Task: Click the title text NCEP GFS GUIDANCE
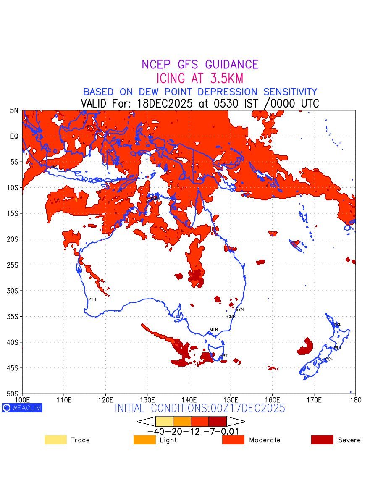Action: click(200, 65)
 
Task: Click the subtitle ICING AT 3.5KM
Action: click(200, 79)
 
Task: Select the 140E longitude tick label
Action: click(189, 399)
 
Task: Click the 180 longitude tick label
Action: click(355, 399)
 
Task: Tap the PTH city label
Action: click(92, 299)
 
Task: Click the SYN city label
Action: click(239, 310)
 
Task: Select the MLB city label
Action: click(214, 330)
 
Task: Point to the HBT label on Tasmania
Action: click(223, 356)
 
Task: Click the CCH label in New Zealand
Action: click(329, 360)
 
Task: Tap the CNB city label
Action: click(231, 317)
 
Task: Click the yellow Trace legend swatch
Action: click(55, 440)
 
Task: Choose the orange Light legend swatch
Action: click(144, 440)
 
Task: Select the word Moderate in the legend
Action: click(265, 440)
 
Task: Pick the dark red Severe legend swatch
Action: click(322, 440)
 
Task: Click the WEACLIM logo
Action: click(22, 408)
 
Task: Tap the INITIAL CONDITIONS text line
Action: click(200, 408)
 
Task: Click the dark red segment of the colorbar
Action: click(218, 421)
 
